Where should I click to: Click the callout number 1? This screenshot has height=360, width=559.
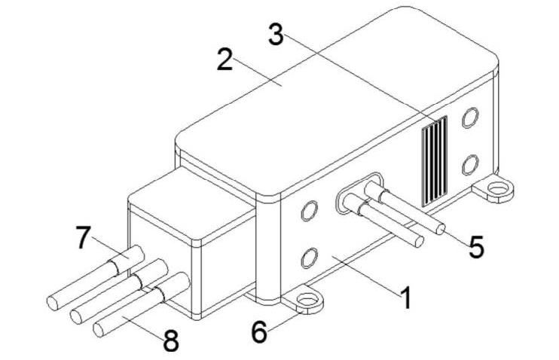(x=406, y=298)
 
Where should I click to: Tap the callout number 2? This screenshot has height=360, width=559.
(x=225, y=59)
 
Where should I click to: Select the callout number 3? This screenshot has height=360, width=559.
(x=276, y=34)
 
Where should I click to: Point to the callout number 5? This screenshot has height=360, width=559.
(x=476, y=247)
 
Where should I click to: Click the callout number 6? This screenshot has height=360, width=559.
(x=259, y=332)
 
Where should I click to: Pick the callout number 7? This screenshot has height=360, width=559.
(x=84, y=237)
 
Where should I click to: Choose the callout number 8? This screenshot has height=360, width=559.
(x=171, y=340)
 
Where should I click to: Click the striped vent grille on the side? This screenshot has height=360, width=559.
(x=435, y=161)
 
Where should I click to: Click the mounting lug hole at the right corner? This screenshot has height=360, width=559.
(x=498, y=188)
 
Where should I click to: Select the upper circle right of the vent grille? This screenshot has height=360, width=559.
(x=470, y=117)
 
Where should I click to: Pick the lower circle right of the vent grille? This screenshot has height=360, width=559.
(x=470, y=165)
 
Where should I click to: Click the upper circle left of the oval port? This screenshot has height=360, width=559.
(x=309, y=211)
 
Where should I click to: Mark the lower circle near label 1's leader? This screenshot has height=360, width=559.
(x=309, y=258)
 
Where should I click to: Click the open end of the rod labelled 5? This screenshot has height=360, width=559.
(x=441, y=229)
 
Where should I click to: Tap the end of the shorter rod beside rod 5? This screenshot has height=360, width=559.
(x=420, y=242)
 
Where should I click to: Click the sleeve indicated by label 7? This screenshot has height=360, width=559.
(x=127, y=260)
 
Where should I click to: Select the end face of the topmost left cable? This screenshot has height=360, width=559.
(x=53, y=303)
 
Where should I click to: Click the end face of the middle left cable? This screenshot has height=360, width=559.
(x=76, y=316)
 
